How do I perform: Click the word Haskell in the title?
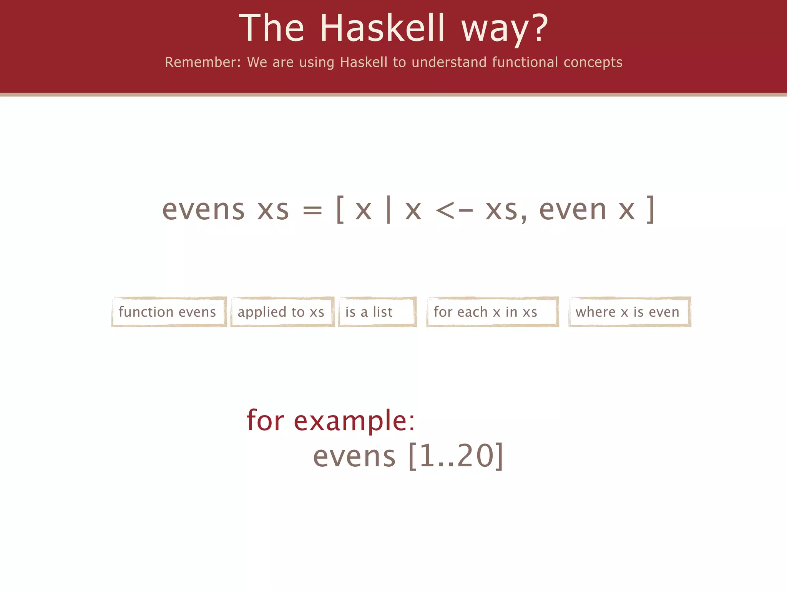pyautogui.click(x=382, y=28)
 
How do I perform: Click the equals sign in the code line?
pyautogui.click(x=312, y=211)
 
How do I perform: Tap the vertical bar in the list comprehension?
pyautogui.click(x=389, y=210)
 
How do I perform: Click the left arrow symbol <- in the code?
pyautogui.click(x=454, y=211)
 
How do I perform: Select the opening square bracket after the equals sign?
pyautogui.click(x=340, y=210)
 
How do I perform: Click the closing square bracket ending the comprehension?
pyautogui.click(x=650, y=210)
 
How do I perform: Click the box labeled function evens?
pyautogui.click(x=169, y=312)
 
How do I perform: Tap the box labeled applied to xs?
pyautogui.click(x=282, y=312)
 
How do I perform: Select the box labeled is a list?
pyautogui.click(x=377, y=312)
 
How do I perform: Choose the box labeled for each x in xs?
pyautogui.click(x=492, y=312)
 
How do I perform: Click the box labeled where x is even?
pyautogui.click(x=629, y=312)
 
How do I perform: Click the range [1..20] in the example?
pyautogui.click(x=456, y=456)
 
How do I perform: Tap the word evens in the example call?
pyautogui.click(x=354, y=456)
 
